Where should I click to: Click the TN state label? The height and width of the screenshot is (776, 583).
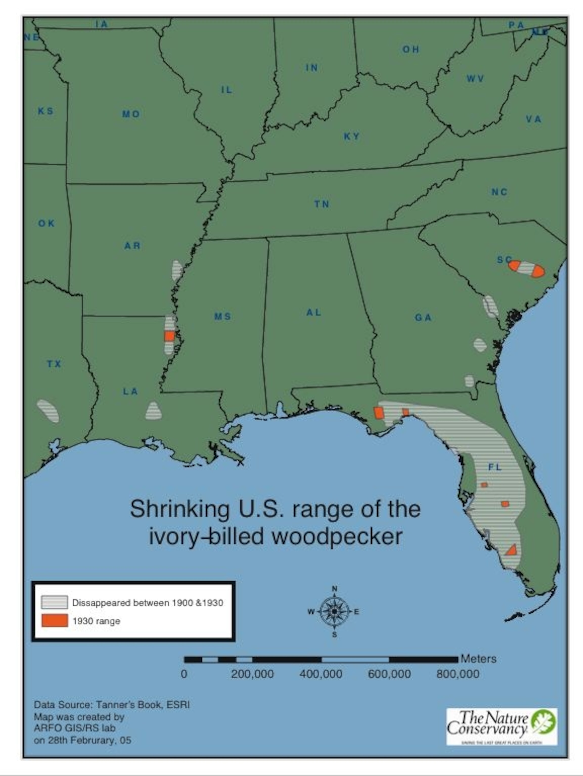321,204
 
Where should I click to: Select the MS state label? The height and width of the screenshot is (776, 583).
223,317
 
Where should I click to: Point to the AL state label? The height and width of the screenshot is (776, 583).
313,312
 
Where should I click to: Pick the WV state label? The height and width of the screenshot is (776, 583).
475,79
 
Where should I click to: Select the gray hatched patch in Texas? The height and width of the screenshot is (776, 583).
48,411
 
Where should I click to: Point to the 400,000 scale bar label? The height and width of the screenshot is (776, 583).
321,674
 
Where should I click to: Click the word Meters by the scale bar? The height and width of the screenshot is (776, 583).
478,659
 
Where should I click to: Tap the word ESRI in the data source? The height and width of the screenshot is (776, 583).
178,705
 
